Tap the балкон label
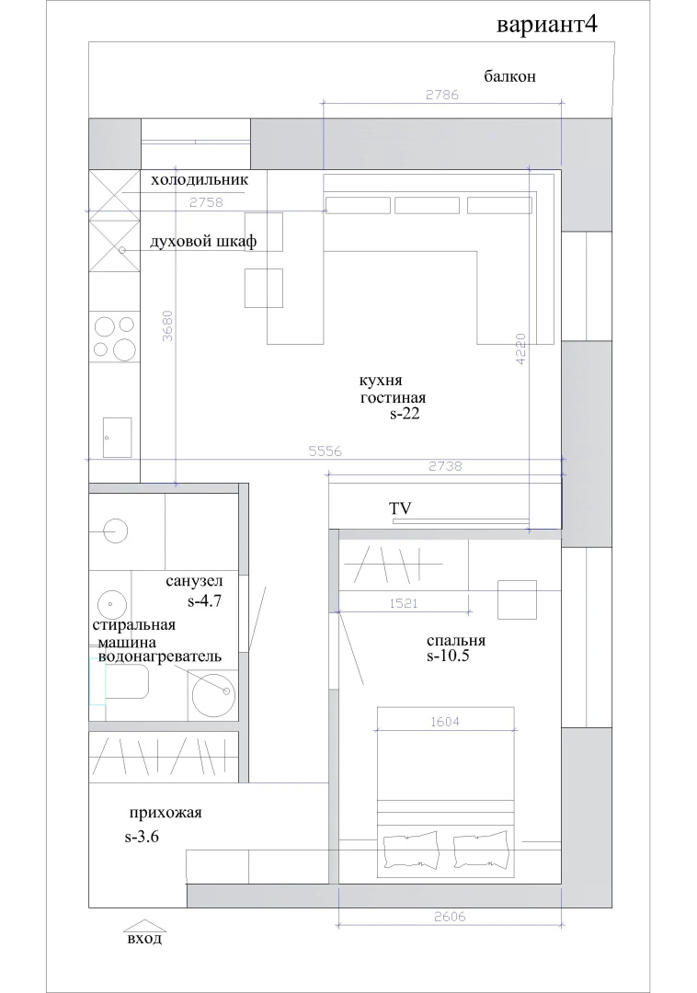point(509,76)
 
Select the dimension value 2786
point(442,95)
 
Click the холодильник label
point(200,180)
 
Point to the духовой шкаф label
point(203,241)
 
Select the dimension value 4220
point(521,350)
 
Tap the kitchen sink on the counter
point(118,437)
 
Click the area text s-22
point(405,415)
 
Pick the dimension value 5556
point(326,451)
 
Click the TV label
point(400,508)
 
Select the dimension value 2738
point(446,467)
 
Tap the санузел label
point(194,581)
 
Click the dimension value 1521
point(404,604)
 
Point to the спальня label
point(456,640)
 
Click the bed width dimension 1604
point(444,722)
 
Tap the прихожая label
point(166,813)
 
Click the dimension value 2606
point(450,917)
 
